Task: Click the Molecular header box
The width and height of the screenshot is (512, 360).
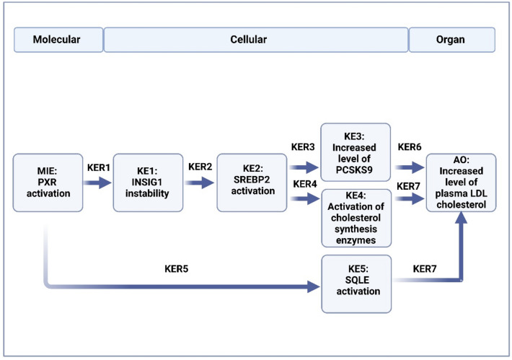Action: click(58, 40)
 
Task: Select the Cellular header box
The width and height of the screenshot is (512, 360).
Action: click(256, 40)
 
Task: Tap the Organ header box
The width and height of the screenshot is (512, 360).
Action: click(452, 40)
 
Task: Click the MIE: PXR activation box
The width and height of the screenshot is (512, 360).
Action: click(48, 183)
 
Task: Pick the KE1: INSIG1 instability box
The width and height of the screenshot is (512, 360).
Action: click(148, 183)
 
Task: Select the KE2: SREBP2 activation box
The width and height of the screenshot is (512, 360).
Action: click(252, 183)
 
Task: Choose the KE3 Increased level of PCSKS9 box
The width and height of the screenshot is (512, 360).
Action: click(356, 152)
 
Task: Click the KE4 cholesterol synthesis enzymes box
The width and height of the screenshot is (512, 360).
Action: click(356, 218)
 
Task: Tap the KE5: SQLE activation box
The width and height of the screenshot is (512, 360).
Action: click(356, 284)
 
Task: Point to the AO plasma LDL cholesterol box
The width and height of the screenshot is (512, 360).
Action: click(461, 183)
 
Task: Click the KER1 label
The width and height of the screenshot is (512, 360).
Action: click(99, 167)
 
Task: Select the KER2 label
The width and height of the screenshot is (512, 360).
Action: click(200, 167)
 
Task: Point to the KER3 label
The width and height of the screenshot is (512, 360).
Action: click(303, 147)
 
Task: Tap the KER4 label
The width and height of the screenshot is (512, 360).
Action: click(305, 184)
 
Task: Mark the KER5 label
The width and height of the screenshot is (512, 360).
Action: click(177, 269)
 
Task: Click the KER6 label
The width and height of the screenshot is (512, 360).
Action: click(410, 147)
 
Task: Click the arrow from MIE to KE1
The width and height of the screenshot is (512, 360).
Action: click(97, 183)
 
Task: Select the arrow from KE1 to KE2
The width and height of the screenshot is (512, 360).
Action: click(200, 183)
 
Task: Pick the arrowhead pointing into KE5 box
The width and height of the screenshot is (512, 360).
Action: click(314, 287)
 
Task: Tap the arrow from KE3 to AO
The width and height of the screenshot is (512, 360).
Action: click(410, 167)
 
